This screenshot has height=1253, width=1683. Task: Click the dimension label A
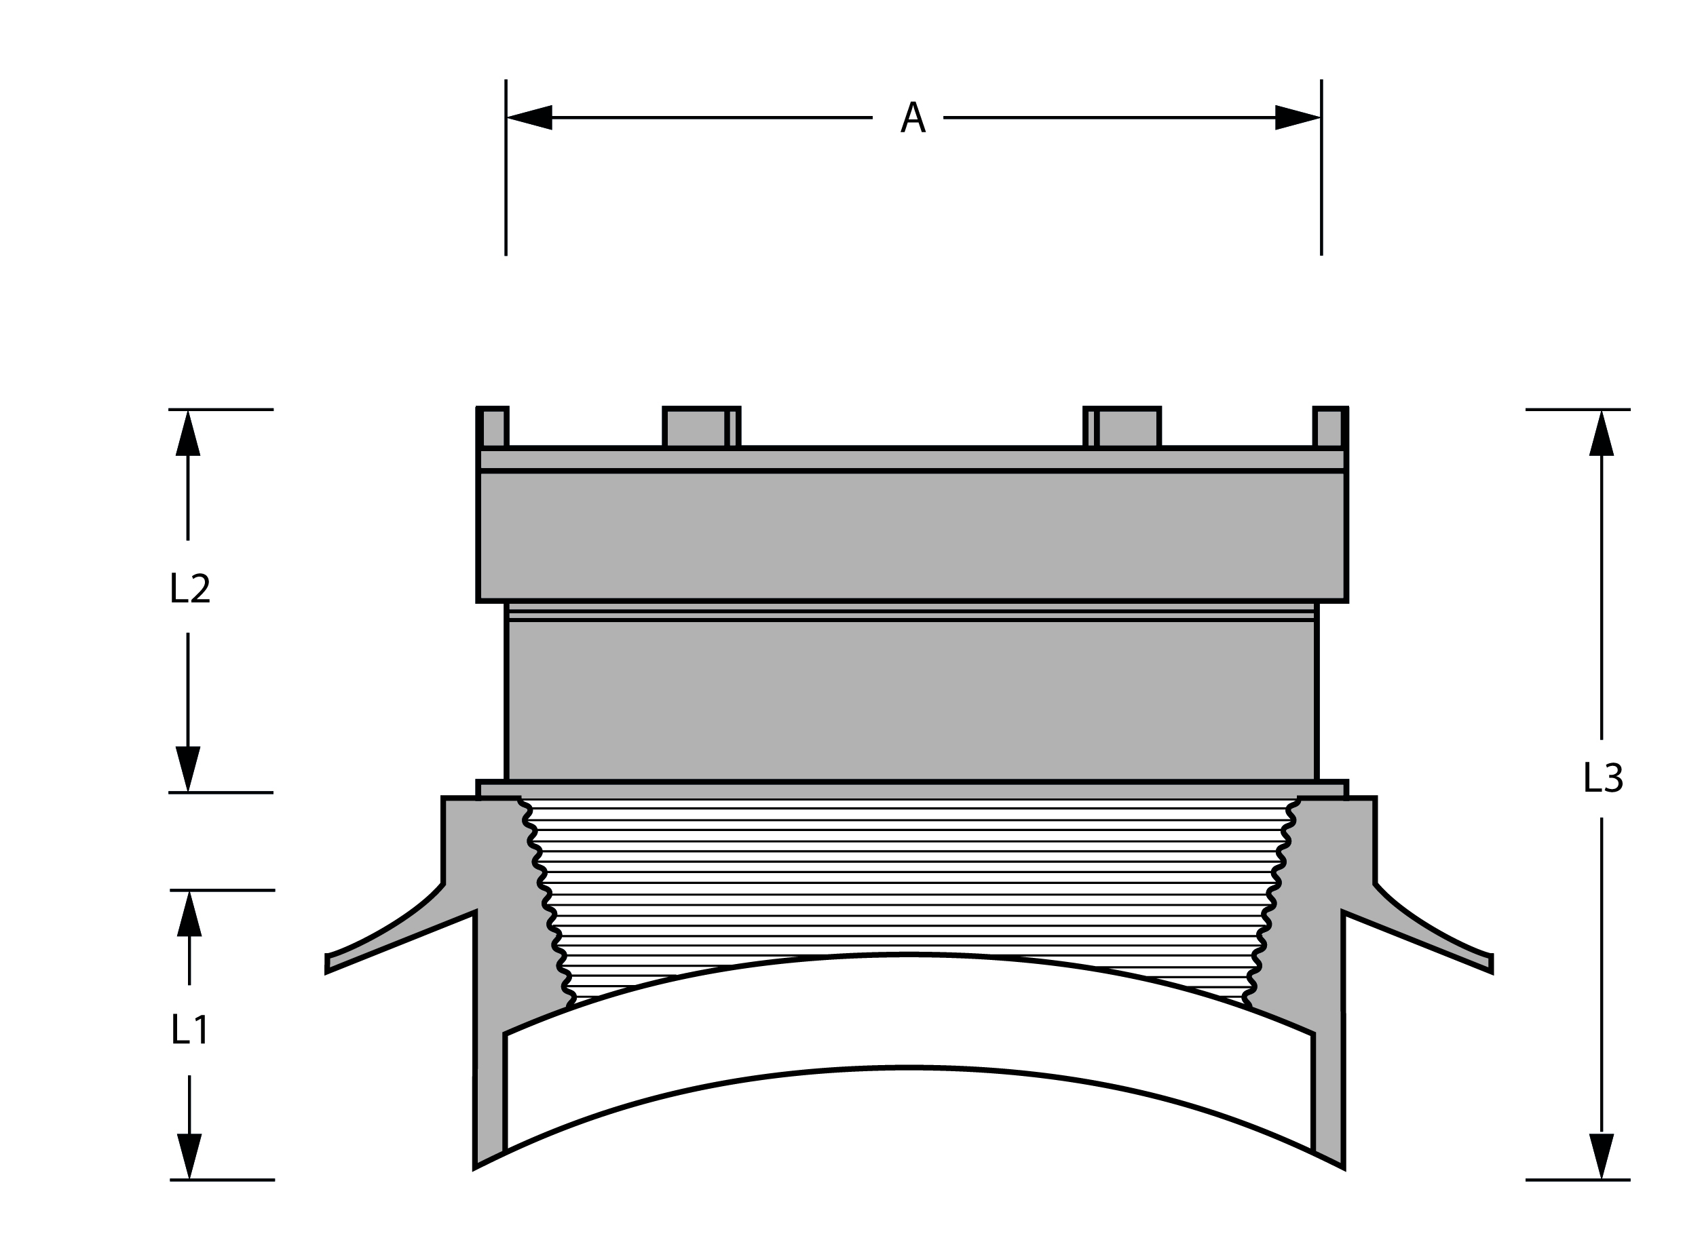[x=913, y=117]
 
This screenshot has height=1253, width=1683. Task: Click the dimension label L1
[x=190, y=1029]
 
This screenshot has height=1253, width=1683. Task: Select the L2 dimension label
[x=190, y=589]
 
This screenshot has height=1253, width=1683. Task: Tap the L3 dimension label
[x=1602, y=778]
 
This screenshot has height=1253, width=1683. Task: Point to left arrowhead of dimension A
[x=529, y=117]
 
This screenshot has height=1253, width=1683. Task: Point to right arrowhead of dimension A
[x=1298, y=117]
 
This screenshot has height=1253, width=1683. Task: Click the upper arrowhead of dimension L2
[x=188, y=433]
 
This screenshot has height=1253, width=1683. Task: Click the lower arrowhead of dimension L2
[x=188, y=769]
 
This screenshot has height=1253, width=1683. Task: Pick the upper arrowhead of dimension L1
[x=190, y=913]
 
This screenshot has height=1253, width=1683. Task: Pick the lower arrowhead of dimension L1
[x=190, y=1157]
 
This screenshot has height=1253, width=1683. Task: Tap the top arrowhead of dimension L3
[x=1602, y=433]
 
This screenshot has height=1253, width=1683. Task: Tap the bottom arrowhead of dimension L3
[x=1602, y=1157]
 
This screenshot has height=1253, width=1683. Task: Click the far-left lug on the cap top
[x=493, y=428]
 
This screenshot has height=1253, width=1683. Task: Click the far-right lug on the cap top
[x=1331, y=428]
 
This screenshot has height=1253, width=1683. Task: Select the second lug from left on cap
[x=702, y=428]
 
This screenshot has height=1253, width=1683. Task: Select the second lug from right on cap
[x=1122, y=428]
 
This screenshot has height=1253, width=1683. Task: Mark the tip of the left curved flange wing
[x=327, y=963]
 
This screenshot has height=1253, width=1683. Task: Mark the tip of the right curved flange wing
[x=1491, y=963]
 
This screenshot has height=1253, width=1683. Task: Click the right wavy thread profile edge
[x=1272, y=902]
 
